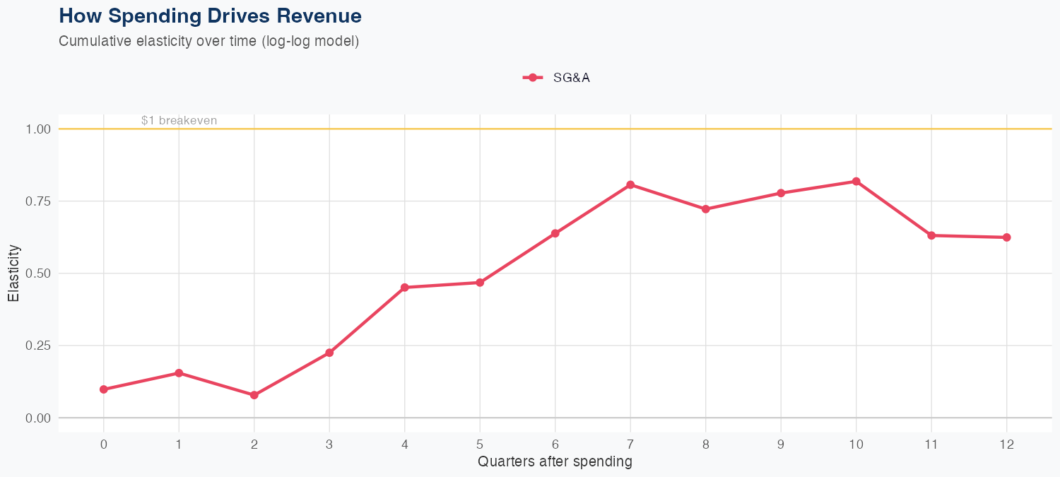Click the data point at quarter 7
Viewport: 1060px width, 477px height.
click(630, 185)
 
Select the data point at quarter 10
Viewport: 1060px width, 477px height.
click(856, 182)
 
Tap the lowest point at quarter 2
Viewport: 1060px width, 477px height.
click(254, 395)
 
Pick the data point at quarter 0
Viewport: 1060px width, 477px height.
click(104, 389)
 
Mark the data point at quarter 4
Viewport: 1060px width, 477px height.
click(404, 288)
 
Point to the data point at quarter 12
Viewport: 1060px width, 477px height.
click(1006, 237)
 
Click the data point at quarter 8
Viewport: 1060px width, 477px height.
click(705, 209)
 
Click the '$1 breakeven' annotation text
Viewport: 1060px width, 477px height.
click(179, 121)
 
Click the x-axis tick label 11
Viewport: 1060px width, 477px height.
click(931, 444)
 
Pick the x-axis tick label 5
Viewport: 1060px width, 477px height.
click(480, 444)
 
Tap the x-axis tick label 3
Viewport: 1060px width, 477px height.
click(329, 444)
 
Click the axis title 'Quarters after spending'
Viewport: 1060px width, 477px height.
click(555, 462)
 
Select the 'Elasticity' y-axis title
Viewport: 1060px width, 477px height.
click(13, 273)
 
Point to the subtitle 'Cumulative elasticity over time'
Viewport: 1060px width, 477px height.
click(159, 41)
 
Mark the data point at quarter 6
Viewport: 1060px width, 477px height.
click(555, 233)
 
